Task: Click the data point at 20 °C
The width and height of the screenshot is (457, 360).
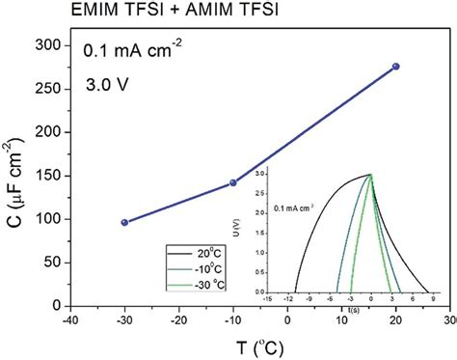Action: click(x=395, y=67)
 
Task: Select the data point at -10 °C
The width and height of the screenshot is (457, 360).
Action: click(x=232, y=182)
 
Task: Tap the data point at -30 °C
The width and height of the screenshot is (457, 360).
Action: click(x=124, y=222)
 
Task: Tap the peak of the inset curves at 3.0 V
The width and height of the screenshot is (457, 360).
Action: click(x=370, y=175)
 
